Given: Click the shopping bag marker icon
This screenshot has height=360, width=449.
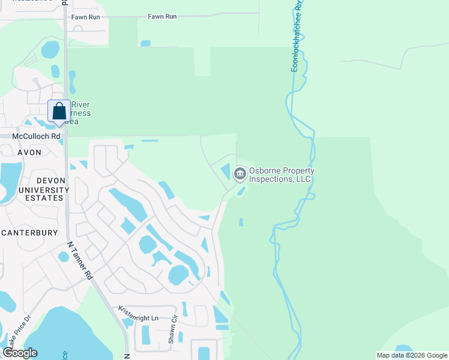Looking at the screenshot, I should (x=59, y=112).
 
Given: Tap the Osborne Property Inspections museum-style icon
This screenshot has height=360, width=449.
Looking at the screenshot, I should (x=240, y=174).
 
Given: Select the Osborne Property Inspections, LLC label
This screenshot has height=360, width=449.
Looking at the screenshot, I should (x=280, y=175).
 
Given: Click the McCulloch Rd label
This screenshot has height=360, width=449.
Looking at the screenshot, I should (x=37, y=136).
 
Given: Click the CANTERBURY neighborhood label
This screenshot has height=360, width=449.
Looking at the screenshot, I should (x=29, y=232).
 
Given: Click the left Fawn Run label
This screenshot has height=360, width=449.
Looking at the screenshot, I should (x=86, y=17).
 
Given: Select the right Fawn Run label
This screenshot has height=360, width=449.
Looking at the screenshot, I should (x=162, y=17).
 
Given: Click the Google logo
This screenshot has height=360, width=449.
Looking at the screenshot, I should (x=20, y=353).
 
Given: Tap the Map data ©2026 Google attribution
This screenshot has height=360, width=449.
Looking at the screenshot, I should (x=411, y=355).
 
